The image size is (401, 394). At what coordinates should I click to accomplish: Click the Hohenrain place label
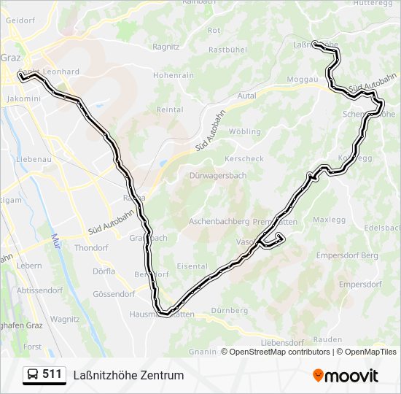tap(174, 75)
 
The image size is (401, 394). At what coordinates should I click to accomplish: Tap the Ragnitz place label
tap(166, 46)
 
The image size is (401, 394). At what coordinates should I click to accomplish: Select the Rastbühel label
tap(227, 50)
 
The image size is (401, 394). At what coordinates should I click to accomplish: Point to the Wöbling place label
tap(244, 132)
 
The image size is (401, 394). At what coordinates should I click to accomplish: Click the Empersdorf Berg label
tap(347, 255)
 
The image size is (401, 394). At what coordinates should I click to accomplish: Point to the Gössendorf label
tap(114, 294)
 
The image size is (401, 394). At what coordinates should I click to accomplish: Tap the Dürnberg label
tap(229, 310)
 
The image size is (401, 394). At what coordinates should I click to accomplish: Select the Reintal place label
tap(170, 109)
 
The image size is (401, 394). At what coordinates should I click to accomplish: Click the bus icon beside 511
tap(33, 375)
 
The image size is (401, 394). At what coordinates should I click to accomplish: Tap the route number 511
tap(52, 375)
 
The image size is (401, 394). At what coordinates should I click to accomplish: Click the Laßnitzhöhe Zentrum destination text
tap(128, 375)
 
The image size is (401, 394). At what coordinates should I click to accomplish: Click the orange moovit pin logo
tap(318, 375)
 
